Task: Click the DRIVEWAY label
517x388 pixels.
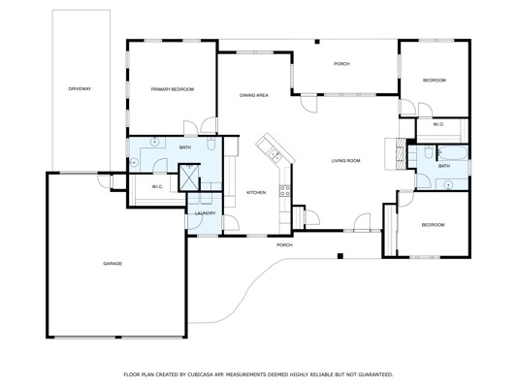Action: [x=80, y=88]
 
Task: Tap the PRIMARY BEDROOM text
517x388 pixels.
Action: [x=173, y=89]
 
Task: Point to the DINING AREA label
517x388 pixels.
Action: [x=254, y=95]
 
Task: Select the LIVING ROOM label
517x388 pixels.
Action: [x=345, y=161]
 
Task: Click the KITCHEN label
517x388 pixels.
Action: [x=256, y=192]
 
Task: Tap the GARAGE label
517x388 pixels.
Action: [x=113, y=264]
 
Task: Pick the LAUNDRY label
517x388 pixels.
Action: [x=205, y=213]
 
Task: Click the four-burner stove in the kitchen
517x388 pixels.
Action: [x=285, y=191]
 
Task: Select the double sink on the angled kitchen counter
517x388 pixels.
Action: [x=275, y=155]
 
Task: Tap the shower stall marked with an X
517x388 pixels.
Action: [x=189, y=178]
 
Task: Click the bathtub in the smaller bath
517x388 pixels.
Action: [x=453, y=153]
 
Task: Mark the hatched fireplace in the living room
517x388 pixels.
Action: [x=401, y=153]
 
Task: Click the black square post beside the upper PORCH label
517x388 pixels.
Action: [x=317, y=42]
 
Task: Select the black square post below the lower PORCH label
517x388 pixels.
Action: [x=340, y=256]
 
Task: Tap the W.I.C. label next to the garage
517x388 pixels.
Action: [x=157, y=187]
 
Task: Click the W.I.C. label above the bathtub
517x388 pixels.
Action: [x=438, y=124]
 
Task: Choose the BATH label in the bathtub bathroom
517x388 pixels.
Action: [x=444, y=166]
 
